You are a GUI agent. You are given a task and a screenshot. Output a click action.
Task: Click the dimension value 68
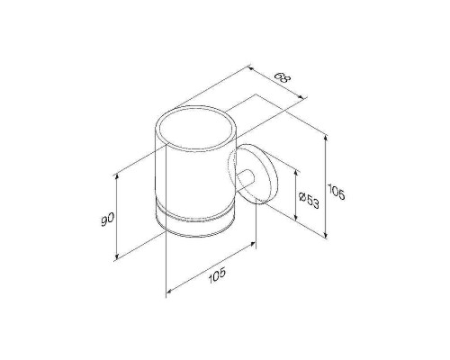pyautogui.click(x=283, y=77)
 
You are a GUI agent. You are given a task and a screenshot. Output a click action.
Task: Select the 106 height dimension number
pyautogui.click(x=337, y=192)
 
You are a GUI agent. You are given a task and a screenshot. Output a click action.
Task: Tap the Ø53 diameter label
pyautogui.click(x=309, y=200)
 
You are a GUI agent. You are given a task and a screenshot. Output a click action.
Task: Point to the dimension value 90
pyautogui.click(x=107, y=219)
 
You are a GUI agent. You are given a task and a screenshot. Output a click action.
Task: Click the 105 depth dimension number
pyautogui.click(x=217, y=275)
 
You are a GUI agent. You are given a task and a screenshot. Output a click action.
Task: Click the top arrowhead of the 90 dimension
pyautogui.click(x=117, y=176)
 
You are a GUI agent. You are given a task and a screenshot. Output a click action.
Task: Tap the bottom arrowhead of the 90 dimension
pyautogui.click(x=117, y=256)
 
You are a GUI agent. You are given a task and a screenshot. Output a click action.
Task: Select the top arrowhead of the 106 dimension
pyautogui.click(x=326, y=139)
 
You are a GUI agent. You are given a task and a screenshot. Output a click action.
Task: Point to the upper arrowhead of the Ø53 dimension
pyautogui.click(x=296, y=175)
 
